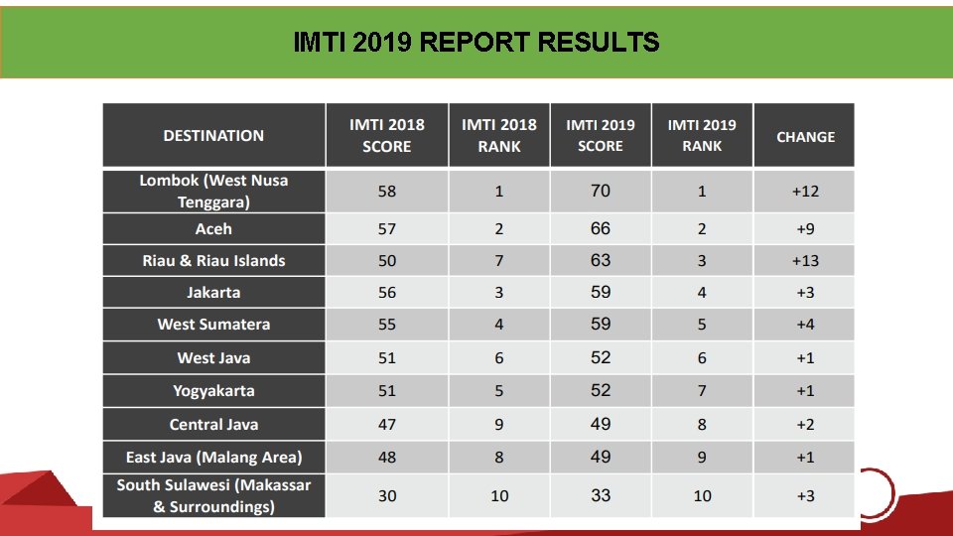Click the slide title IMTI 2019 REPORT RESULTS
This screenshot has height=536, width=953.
pos(476,42)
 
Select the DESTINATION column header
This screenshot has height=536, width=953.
pos(214,136)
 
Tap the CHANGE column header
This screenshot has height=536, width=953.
pos(805,137)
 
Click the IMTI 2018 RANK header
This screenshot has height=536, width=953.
pos(499,136)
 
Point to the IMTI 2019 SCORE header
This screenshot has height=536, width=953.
pos(601,136)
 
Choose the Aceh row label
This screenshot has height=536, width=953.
pos(214,229)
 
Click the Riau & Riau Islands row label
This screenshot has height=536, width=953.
pos(214,261)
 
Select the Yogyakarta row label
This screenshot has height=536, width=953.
pos(214,391)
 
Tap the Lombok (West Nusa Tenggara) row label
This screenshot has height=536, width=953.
pos(214,192)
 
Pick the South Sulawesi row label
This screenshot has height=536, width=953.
pos(214,496)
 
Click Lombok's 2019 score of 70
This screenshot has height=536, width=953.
pos(601,191)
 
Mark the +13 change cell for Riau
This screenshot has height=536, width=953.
pos(805,261)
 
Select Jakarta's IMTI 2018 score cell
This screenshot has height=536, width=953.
pos(387,292)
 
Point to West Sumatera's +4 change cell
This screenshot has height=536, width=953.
pos(805,324)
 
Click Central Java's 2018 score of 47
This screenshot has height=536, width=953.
pos(387,424)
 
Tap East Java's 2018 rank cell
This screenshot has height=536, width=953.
pos(499,457)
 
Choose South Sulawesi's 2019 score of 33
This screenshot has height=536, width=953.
pos(601,495)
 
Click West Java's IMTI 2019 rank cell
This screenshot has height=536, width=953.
pos(702,358)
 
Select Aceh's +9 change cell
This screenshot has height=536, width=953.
pos(805,229)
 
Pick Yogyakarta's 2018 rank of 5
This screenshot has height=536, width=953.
pos(499,391)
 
